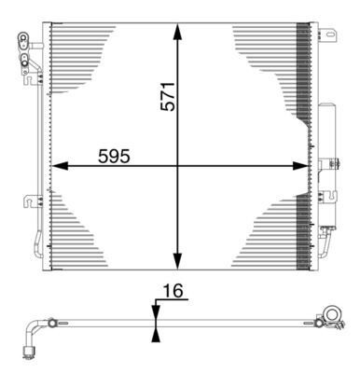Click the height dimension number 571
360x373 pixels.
167,93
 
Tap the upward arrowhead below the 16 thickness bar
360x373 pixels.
156,334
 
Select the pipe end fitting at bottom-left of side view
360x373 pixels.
28,351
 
